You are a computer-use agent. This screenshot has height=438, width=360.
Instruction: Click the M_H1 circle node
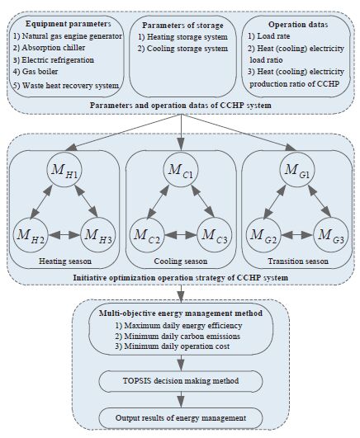(x=64, y=170)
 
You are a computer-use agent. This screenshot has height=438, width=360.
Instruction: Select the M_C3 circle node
(x=215, y=234)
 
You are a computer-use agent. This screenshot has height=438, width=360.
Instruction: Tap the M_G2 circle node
(x=263, y=234)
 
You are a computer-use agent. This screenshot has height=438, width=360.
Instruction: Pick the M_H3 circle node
(x=98, y=234)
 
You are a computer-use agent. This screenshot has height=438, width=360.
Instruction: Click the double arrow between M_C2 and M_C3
(x=181, y=235)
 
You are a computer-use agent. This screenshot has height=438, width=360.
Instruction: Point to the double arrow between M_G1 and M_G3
(x=320, y=202)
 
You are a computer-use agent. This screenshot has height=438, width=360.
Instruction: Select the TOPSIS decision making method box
(x=181, y=381)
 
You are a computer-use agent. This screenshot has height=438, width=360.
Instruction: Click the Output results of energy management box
(x=181, y=418)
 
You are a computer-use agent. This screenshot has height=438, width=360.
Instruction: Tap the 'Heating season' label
(x=65, y=261)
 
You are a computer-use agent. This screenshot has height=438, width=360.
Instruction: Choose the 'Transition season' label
(x=298, y=261)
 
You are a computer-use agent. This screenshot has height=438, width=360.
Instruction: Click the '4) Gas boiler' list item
(x=36, y=72)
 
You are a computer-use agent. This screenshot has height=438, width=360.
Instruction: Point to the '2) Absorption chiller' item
(x=49, y=48)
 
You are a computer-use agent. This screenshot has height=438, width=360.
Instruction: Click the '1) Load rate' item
(x=269, y=36)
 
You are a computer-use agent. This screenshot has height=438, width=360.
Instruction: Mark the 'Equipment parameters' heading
(x=69, y=24)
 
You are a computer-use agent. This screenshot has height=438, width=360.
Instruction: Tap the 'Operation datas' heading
(x=298, y=25)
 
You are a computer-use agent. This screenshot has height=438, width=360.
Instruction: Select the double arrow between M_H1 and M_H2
(x=41, y=202)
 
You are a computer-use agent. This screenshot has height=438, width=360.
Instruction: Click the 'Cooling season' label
(x=181, y=261)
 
